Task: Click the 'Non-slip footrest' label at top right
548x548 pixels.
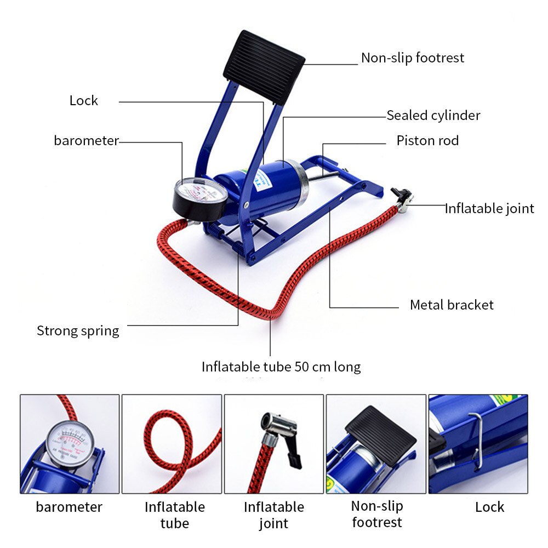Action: (412, 58)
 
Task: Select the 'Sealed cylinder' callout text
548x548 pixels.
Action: (433, 115)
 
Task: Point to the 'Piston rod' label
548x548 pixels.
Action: (427, 141)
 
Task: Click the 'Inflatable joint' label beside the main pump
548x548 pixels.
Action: (489, 208)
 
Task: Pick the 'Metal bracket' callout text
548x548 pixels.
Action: (452, 305)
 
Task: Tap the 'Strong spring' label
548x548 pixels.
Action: (78, 330)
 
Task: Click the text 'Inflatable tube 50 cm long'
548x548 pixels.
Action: (281, 366)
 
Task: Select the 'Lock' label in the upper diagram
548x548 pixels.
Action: (83, 100)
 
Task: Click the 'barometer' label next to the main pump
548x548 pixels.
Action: (86, 140)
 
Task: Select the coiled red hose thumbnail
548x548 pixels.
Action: (172, 444)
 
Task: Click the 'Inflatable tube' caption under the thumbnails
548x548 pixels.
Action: (174, 515)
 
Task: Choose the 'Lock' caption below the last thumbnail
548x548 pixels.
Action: (489, 507)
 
